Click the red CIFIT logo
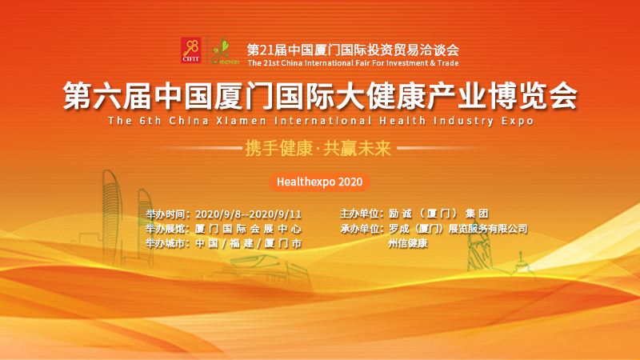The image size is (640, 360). coord(191,50)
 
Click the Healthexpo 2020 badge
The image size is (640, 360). coord(319,182)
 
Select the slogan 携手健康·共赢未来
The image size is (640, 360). coord(318,148)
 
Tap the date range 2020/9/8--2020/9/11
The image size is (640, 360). coord(248,214)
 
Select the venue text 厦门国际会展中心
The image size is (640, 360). coord(248,229)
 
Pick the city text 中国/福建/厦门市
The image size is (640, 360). coord(248,244)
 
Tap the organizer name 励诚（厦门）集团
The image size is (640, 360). coord(438,214)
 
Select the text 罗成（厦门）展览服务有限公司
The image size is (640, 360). coord(458,229)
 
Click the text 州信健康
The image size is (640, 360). coord(408,243)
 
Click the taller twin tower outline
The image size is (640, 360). coord(112,216)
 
